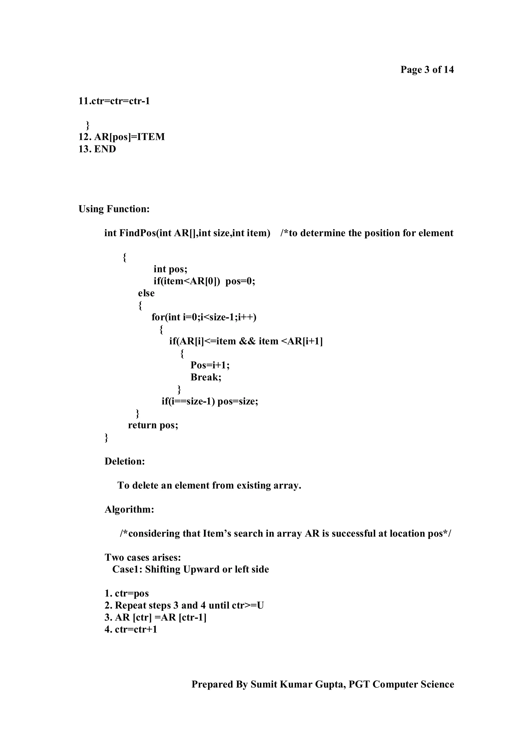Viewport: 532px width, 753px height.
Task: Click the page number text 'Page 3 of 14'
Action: pyautogui.click(x=427, y=70)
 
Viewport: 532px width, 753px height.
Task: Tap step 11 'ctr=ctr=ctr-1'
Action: pyautogui.click(x=114, y=101)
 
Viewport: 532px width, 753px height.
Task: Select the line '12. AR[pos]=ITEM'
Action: pyautogui.click(x=122, y=137)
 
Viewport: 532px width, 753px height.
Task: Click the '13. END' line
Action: pyautogui.click(x=97, y=149)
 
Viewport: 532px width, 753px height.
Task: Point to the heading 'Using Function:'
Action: pyautogui.click(x=114, y=209)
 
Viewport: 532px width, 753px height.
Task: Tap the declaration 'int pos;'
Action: pyautogui.click(x=170, y=269)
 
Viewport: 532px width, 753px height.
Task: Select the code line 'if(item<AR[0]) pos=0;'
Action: pyautogui.click(x=204, y=281)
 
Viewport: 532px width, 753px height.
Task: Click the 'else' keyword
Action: pyautogui.click(x=146, y=293)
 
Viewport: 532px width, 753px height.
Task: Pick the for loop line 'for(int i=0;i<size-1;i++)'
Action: pyautogui.click(x=204, y=317)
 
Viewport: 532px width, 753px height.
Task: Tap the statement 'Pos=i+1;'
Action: pyautogui.click(x=210, y=365)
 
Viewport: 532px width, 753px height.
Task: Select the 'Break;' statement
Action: pyautogui.click(x=206, y=377)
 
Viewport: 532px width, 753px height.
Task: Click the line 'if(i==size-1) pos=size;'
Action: pyautogui.click(x=210, y=401)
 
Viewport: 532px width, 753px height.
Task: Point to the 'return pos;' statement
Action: pyautogui.click(x=153, y=425)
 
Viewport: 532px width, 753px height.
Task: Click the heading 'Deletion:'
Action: pyautogui.click(x=125, y=461)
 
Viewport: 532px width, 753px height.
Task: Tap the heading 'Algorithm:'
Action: pyautogui.click(x=129, y=509)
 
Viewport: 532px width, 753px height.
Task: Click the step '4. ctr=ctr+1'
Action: pyautogui.click(x=131, y=629)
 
